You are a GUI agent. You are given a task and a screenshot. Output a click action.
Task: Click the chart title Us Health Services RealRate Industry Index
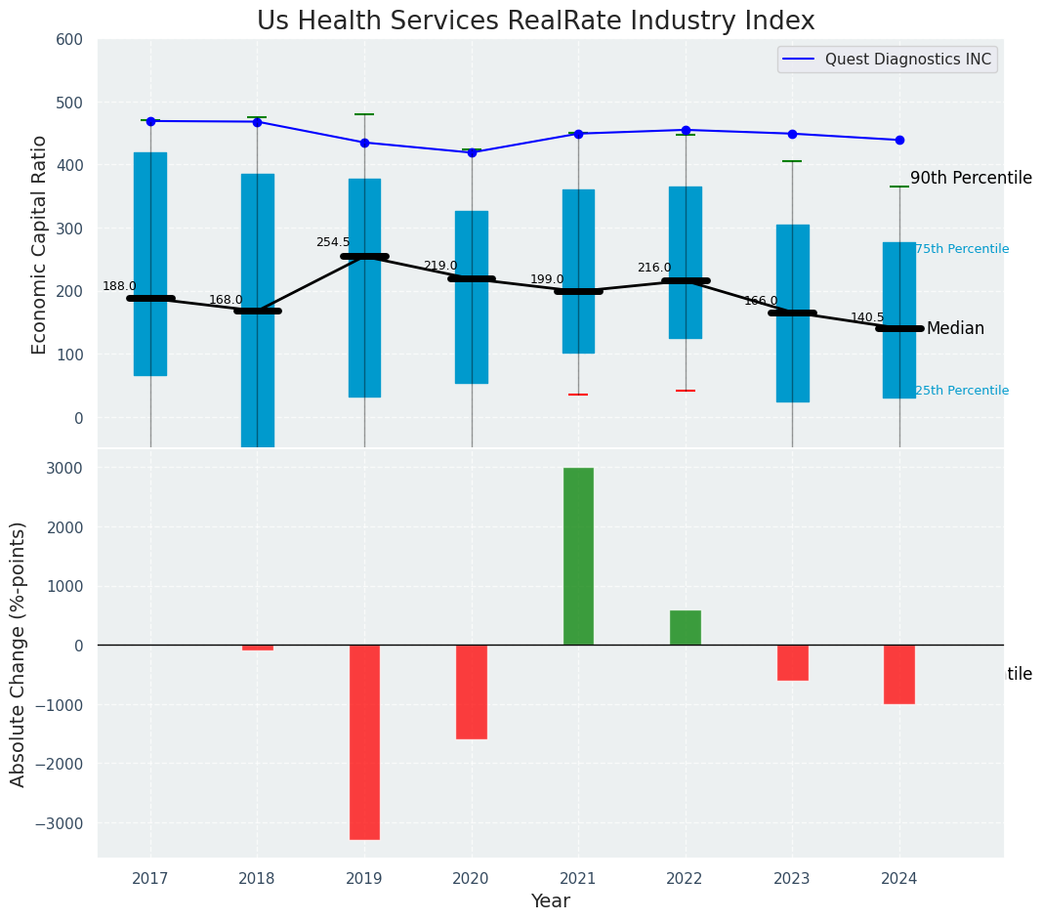click(535, 21)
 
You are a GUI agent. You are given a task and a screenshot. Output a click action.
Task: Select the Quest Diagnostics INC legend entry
click(907, 60)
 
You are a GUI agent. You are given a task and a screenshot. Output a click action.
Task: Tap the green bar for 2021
click(578, 556)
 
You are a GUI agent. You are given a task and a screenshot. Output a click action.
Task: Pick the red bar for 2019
click(364, 741)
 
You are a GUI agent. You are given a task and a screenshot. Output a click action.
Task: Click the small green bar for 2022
click(686, 627)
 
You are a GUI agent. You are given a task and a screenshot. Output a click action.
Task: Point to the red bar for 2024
click(899, 674)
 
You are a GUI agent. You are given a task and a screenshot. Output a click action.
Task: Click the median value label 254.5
click(332, 242)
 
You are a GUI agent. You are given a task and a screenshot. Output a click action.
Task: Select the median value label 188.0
click(119, 286)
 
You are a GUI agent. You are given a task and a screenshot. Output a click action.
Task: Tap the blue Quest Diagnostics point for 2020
click(472, 152)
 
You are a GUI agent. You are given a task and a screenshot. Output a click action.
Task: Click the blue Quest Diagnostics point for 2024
click(899, 140)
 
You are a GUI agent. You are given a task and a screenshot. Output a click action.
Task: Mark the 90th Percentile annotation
click(971, 178)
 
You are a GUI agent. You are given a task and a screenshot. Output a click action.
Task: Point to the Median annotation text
click(955, 329)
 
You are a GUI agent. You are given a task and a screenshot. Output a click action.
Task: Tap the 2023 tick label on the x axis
click(792, 878)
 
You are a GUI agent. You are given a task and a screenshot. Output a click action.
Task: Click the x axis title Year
click(551, 901)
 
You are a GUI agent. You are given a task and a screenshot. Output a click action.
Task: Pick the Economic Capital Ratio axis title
click(40, 244)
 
